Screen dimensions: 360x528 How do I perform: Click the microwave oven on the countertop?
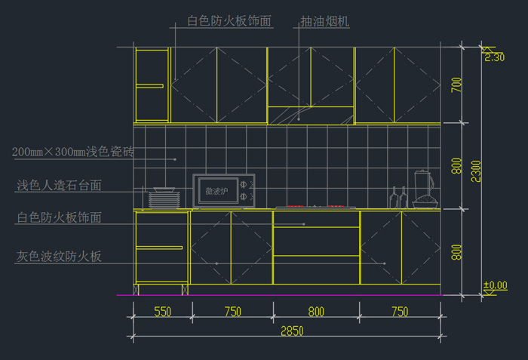pyautogui.click(x=224, y=191)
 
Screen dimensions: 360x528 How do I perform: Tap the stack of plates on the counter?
pyautogui.click(x=163, y=199)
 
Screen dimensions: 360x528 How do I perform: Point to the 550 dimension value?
pyautogui.click(x=162, y=312)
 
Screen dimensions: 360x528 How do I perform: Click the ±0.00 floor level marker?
pyautogui.click(x=495, y=285)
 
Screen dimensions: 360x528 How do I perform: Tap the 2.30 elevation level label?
pyautogui.click(x=495, y=57)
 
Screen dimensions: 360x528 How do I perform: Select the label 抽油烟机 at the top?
pyautogui.click(x=324, y=23)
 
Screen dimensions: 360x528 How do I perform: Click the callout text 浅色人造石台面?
pyautogui.click(x=59, y=185)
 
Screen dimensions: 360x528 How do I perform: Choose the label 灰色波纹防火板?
pyautogui.click(x=59, y=257)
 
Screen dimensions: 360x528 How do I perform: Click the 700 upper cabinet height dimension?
pyautogui.click(x=456, y=85)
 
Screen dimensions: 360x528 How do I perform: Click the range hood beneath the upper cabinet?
pyautogui.click(x=311, y=114)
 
